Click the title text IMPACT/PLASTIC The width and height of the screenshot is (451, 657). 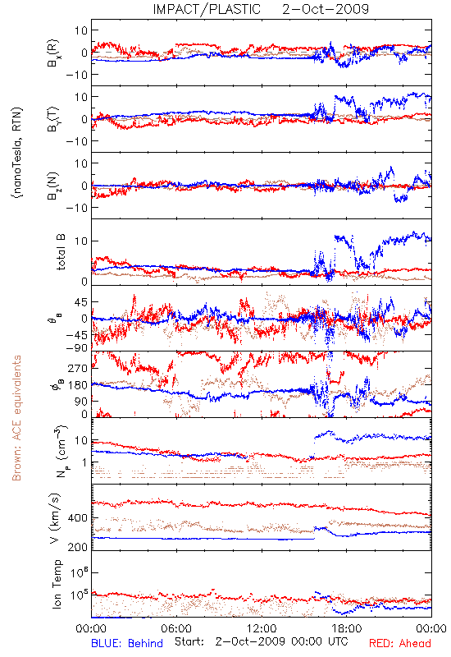tap(207, 9)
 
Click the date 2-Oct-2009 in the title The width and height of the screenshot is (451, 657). tap(326, 9)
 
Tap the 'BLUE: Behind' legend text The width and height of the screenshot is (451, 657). tap(127, 643)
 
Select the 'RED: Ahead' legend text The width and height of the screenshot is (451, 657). tap(400, 643)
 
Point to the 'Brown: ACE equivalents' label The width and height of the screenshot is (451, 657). tap(16, 418)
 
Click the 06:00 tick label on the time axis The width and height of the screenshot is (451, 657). tap(176, 628)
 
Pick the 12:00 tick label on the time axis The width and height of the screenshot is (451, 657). tap(262, 628)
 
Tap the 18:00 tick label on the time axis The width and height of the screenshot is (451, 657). tap(347, 628)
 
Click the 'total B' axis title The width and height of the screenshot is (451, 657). tap(61, 252)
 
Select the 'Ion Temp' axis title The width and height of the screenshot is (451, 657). tap(57, 584)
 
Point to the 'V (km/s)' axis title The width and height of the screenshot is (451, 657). tap(55, 518)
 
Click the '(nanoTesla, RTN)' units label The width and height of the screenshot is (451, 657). tap(17, 153)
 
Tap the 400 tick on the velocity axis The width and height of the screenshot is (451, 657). tap(78, 518)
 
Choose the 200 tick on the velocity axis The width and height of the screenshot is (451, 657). tap(78, 547)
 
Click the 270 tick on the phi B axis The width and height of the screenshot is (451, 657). tap(78, 368)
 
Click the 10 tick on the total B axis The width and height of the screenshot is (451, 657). tap(81, 241)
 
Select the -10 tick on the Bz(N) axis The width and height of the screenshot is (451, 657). tap(76, 208)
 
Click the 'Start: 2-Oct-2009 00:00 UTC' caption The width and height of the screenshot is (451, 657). tap(262, 641)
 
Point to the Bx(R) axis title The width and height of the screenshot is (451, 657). tap(53, 53)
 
